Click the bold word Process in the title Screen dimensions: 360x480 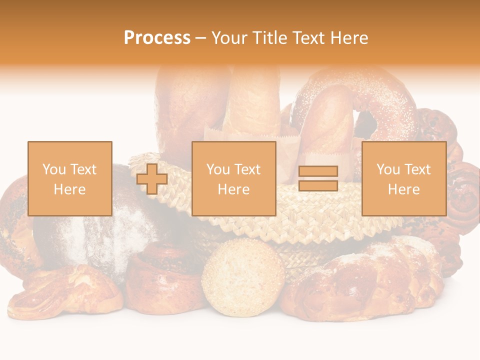157,38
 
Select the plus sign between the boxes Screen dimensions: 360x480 152,179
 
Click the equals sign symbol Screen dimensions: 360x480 318,178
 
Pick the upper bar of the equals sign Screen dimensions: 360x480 318,171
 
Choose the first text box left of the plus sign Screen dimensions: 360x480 70,178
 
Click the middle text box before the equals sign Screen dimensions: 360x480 234,178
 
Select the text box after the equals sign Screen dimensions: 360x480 404,178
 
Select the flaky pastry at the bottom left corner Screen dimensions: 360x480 65,292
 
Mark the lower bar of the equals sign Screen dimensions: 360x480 318,186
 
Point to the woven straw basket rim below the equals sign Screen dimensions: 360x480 320,220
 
